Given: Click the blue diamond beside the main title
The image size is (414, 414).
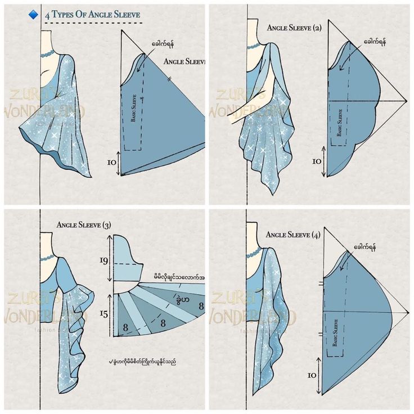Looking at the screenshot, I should pyautogui.click(x=33, y=13).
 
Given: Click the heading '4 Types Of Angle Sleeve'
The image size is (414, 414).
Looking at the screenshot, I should pyautogui.click(x=93, y=13).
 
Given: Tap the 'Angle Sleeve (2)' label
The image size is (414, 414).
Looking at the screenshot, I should pyautogui.click(x=294, y=28).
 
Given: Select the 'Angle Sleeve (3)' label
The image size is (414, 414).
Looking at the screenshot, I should pyautogui.click(x=84, y=225).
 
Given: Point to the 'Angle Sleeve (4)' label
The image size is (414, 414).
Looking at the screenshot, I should pyautogui.click(x=292, y=235).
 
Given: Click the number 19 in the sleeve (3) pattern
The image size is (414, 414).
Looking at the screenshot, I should pyautogui.click(x=103, y=260).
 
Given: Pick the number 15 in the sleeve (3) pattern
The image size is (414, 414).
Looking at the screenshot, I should pyautogui.click(x=103, y=314).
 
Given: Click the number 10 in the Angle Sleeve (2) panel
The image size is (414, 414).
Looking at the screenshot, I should pyautogui.click(x=317, y=161).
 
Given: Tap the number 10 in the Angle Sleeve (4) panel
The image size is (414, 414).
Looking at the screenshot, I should pyautogui.click(x=312, y=375).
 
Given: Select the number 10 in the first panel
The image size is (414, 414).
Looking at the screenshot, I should pyautogui.click(x=111, y=162).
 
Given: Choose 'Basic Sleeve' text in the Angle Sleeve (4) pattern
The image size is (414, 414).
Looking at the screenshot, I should pyautogui.click(x=335, y=332).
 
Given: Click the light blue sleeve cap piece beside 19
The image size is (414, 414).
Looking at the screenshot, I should pyautogui.click(x=127, y=259).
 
